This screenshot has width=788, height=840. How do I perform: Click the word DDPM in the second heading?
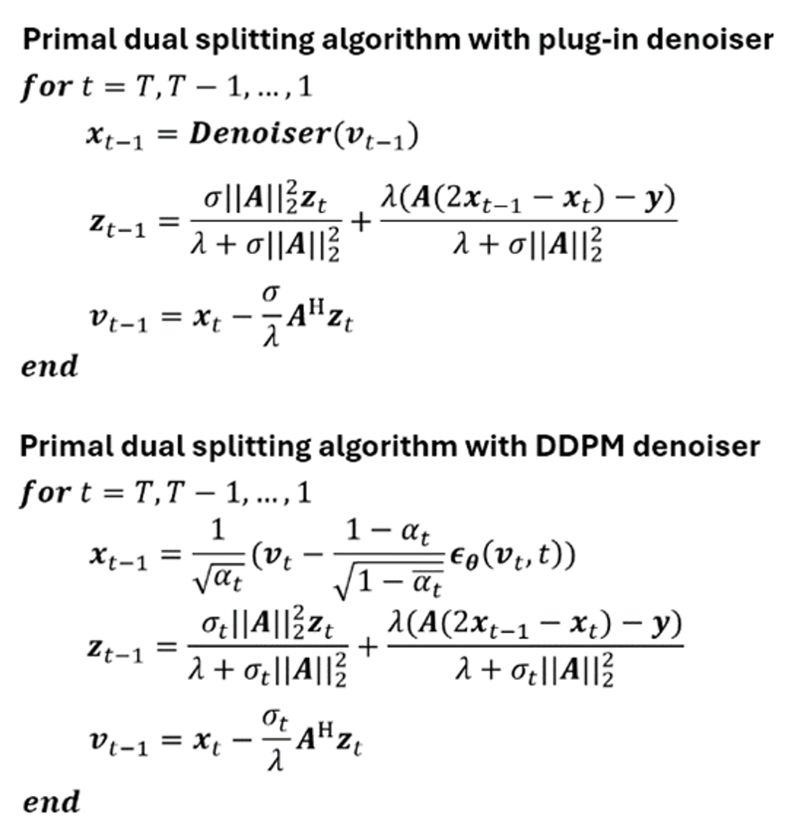click(579, 446)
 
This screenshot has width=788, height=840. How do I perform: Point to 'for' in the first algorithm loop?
click(46, 87)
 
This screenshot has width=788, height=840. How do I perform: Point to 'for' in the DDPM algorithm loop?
click(45, 493)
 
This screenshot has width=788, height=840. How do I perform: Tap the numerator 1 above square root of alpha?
click(218, 531)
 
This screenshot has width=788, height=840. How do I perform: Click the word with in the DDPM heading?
click(495, 446)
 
